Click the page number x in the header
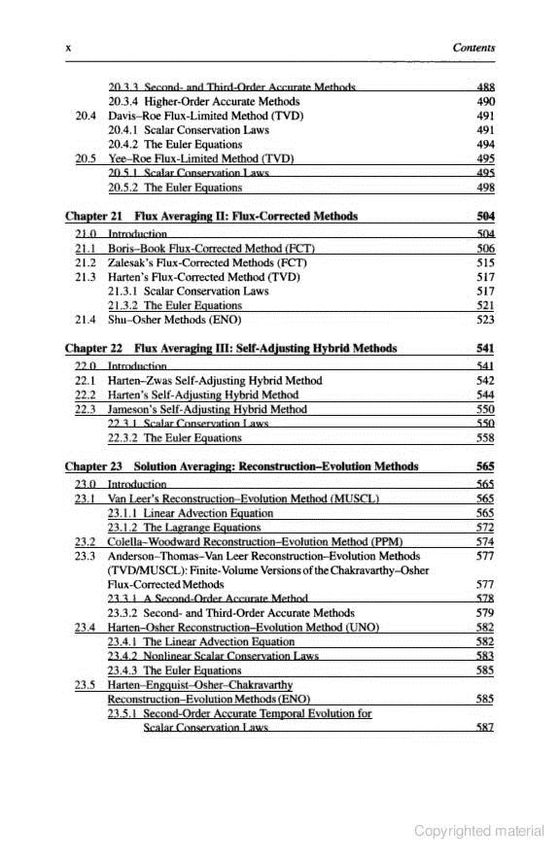coord(67,47)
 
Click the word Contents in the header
coord(473,47)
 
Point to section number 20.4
coord(86,115)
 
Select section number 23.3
coord(86,557)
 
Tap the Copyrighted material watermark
coord(478,831)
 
